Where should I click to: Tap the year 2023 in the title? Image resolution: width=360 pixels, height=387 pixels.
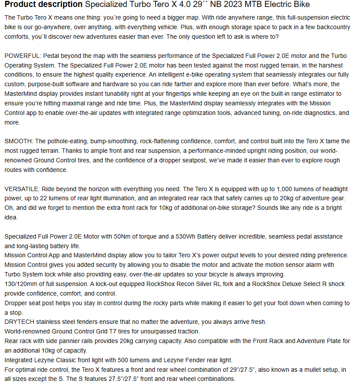(x=232, y=5)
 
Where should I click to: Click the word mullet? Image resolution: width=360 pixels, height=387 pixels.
(x=297, y=370)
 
